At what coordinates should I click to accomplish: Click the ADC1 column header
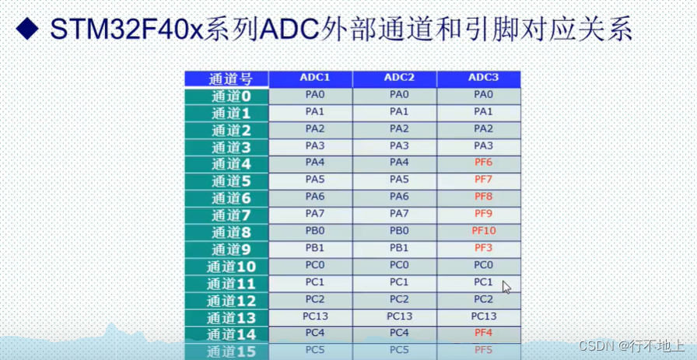click(314, 78)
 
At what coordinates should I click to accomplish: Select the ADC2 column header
click(398, 78)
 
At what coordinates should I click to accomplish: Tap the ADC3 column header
click(483, 78)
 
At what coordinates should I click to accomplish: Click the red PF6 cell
click(483, 163)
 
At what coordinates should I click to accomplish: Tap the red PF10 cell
click(483, 231)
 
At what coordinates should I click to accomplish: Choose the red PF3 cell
click(483, 248)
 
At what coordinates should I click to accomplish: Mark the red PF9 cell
click(483, 214)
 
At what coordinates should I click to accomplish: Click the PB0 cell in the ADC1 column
click(314, 231)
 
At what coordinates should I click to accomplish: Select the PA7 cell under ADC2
click(398, 214)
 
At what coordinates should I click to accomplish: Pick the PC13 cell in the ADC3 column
click(483, 316)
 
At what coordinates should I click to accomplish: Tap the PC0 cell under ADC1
click(314, 265)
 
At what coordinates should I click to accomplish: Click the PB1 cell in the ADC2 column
click(398, 248)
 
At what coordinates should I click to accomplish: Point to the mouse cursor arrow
click(506, 286)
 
